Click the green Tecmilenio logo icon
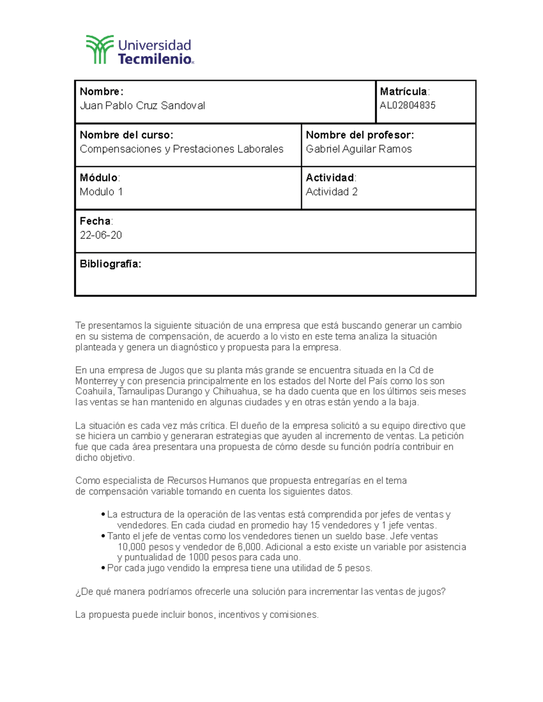tap(100, 49)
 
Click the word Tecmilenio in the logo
tap(155, 59)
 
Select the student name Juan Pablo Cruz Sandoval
tap(142, 106)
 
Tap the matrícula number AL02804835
tap(407, 106)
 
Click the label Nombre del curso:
tap(126, 135)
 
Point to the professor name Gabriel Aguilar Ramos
tap(358, 149)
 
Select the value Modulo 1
tap(101, 192)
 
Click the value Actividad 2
tap(331, 192)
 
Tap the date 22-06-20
tap(100, 236)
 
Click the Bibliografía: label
tap(110, 264)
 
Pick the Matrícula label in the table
tap(404, 92)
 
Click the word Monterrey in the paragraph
tap(96, 381)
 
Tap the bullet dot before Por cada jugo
tap(103, 569)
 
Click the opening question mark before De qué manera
tap(78, 592)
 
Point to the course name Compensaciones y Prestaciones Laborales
tap(181, 149)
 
